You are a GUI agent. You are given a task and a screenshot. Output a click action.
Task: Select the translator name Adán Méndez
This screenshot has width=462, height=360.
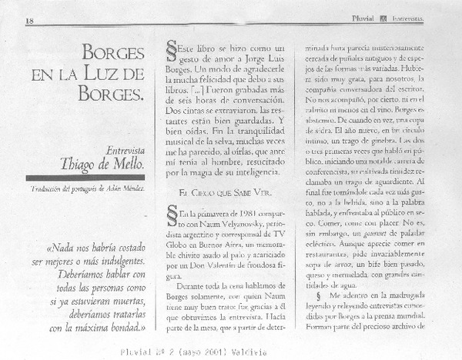pyautogui.click(x=121, y=187)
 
